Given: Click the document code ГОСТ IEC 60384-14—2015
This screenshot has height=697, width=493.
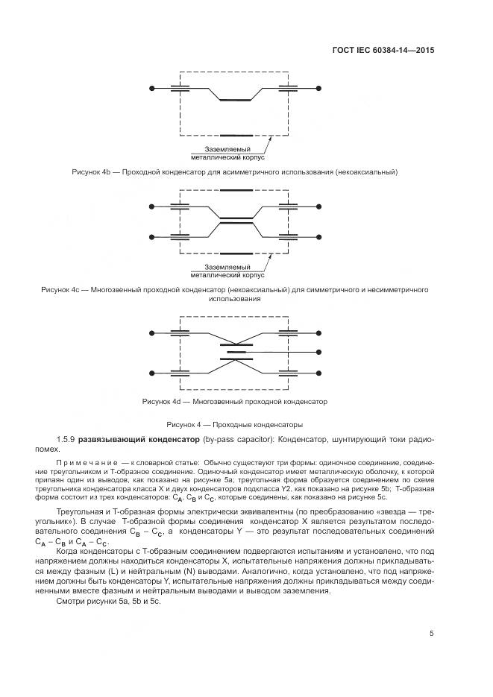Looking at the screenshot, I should [383, 51].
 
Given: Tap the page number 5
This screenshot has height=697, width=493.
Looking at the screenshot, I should [432, 634].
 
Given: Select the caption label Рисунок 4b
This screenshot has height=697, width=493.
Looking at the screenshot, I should [91, 172].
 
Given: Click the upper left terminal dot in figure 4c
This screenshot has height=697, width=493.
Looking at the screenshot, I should [151, 204].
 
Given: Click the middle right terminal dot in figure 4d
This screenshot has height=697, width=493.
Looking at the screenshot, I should [319, 351].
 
